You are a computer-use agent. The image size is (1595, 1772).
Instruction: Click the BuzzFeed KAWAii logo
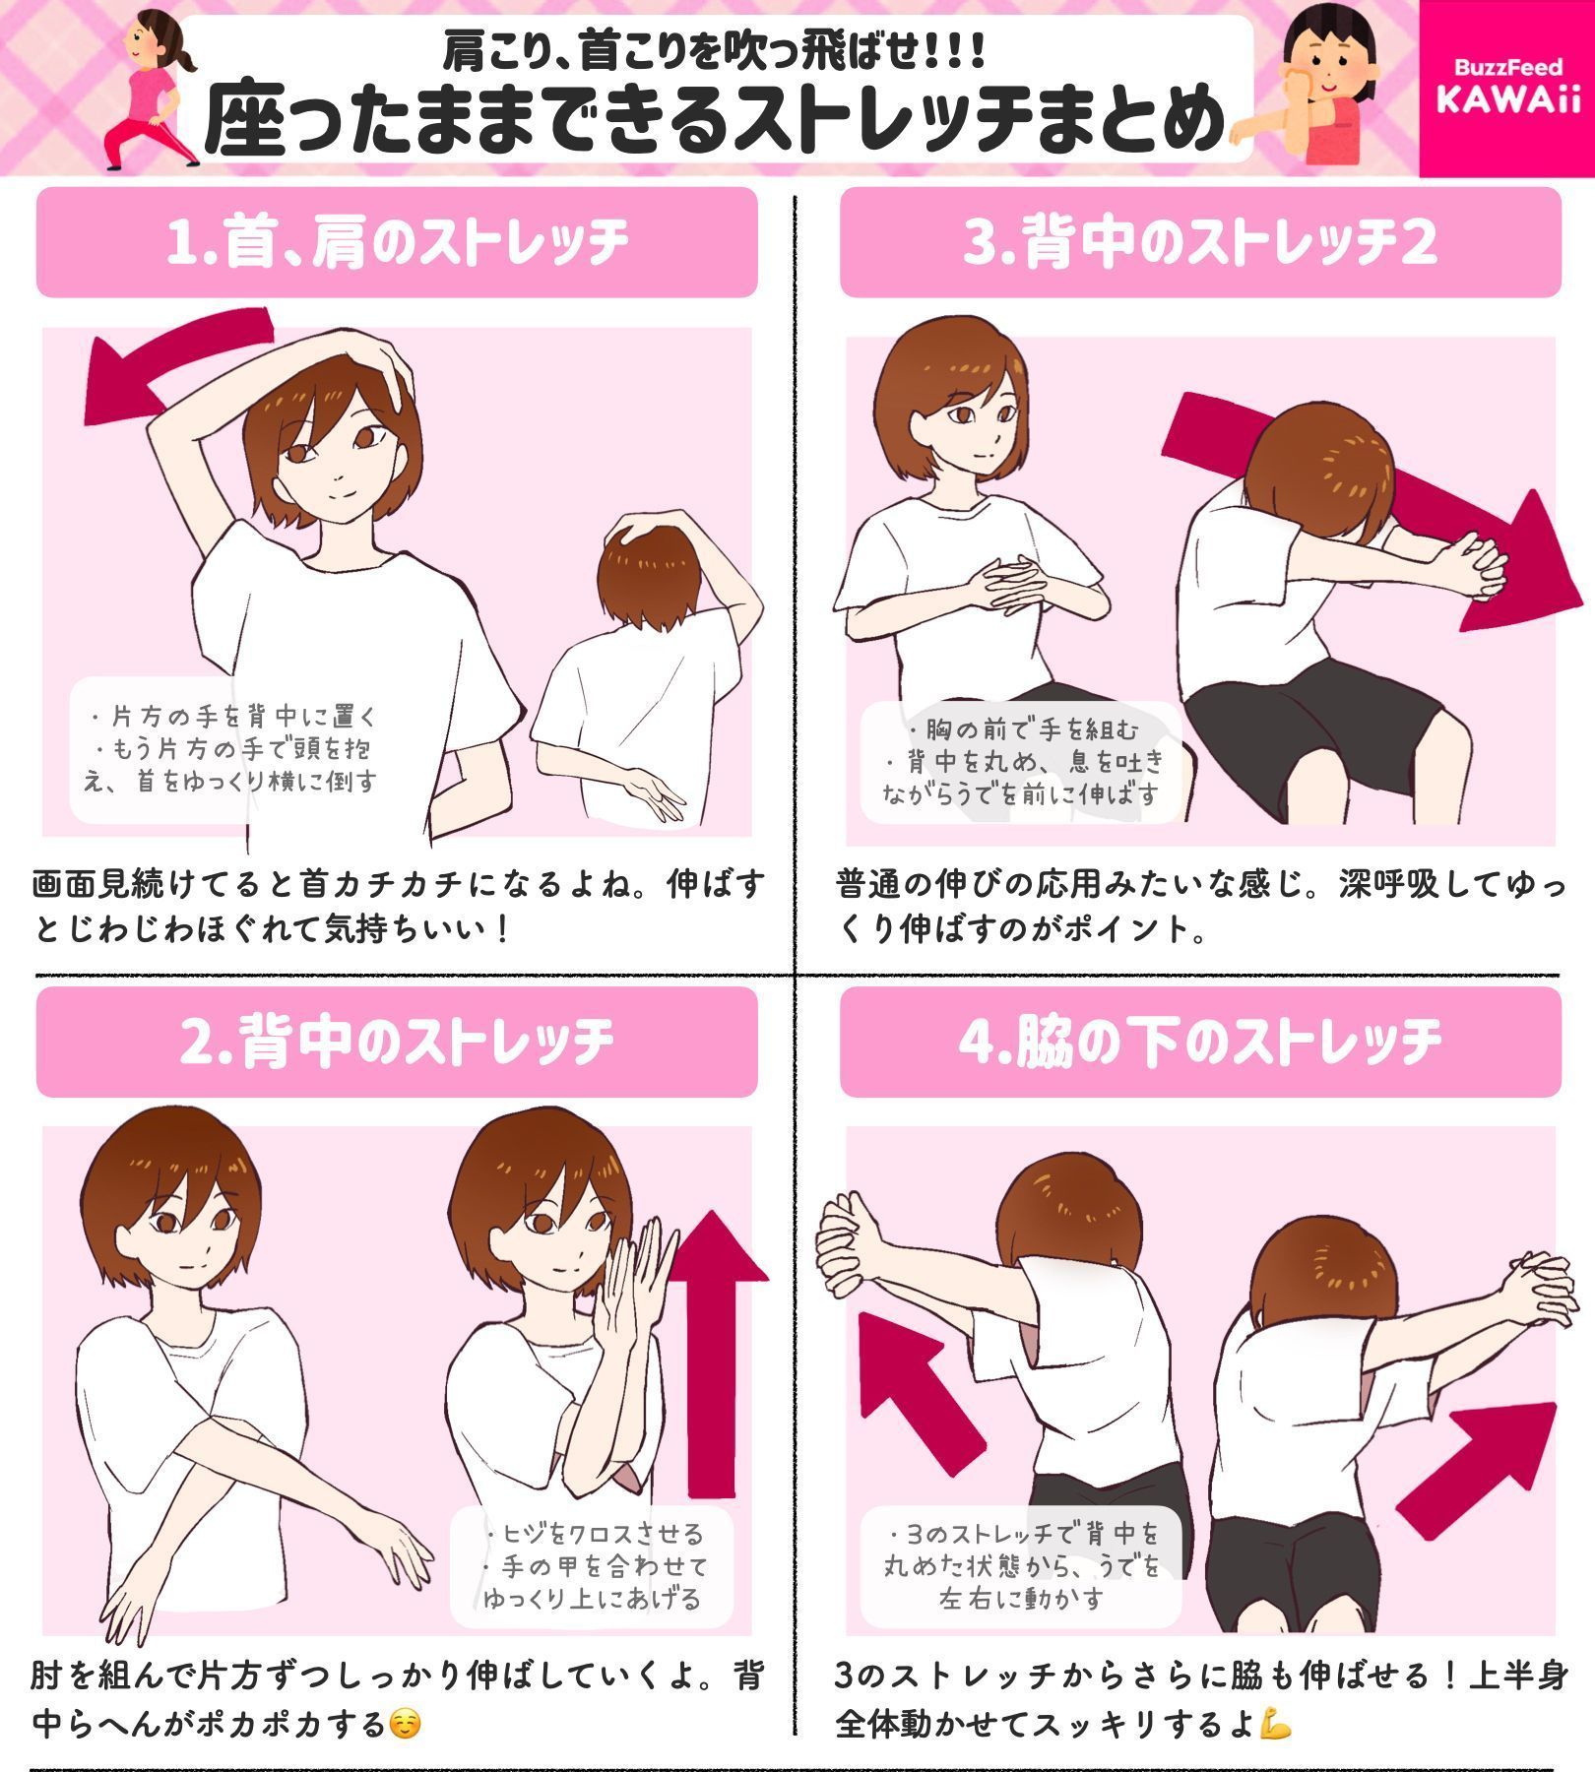pyautogui.click(x=1506, y=87)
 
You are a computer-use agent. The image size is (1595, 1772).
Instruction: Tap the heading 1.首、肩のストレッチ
pyautogui.click(x=397, y=242)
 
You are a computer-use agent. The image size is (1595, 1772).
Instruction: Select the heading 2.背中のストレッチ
pyautogui.click(x=397, y=1042)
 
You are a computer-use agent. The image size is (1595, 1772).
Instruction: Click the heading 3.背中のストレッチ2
pyautogui.click(x=1200, y=242)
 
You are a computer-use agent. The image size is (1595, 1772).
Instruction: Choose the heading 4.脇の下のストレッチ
pyautogui.click(x=1200, y=1042)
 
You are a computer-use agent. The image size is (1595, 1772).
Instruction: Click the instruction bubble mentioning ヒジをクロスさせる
pyautogui.click(x=592, y=1565)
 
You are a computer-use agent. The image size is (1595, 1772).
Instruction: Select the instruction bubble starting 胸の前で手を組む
pyautogui.click(x=1021, y=761)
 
